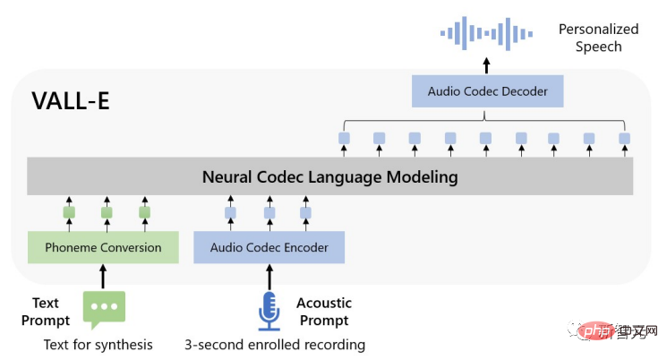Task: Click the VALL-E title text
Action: click(x=72, y=101)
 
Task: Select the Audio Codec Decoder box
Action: click(x=486, y=91)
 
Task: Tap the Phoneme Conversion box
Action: click(x=102, y=247)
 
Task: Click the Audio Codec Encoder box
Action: click(x=269, y=247)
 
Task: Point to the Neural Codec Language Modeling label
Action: click(x=329, y=176)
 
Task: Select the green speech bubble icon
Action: click(x=104, y=309)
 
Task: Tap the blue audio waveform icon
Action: click(x=486, y=33)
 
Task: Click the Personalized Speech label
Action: click(x=598, y=38)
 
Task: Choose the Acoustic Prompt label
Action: click(x=324, y=312)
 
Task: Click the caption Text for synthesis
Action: click(x=98, y=345)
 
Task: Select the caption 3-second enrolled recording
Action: click(x=275, y=345)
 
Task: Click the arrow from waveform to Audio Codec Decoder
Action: click(x=486, y=64)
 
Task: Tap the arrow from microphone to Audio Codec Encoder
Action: click(x=269, y=275)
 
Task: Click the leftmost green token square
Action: click(x=69, y=213)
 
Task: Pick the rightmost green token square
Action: click(x=144, y=213)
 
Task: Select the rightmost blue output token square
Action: click(x=624, y=138)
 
